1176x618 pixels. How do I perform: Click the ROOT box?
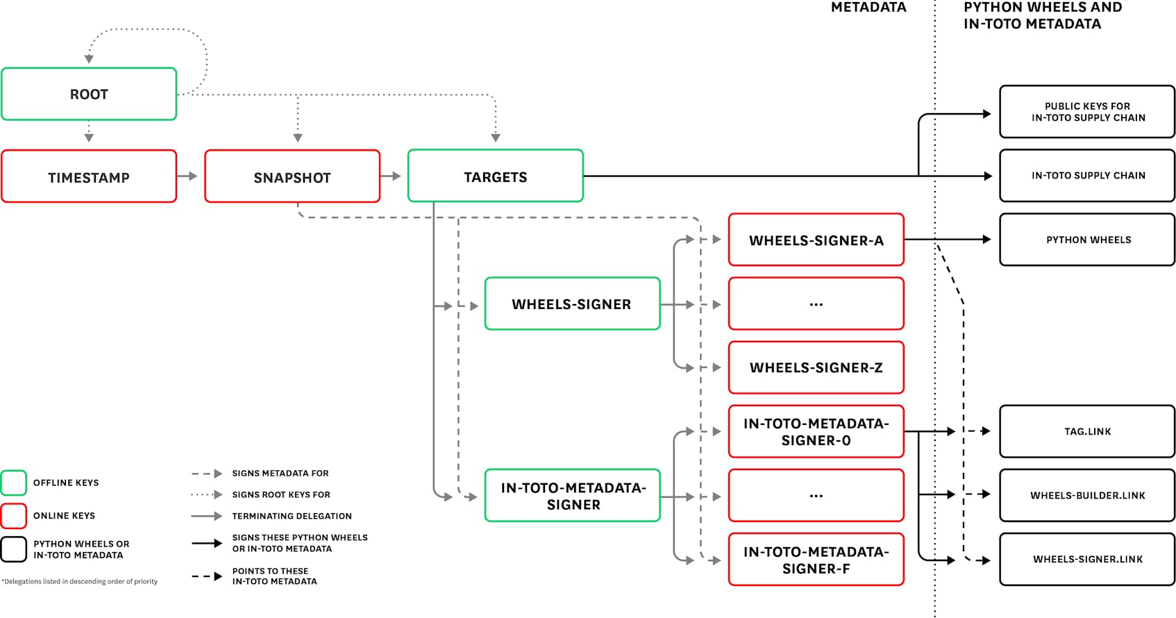[89, 94]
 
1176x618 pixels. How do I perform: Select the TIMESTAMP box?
[89, 177]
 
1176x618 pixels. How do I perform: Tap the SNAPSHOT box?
[292, 177]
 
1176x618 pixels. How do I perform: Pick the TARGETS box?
[495, 176]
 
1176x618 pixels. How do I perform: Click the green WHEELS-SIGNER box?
[572, 304]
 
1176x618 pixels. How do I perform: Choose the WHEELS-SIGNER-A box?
[816, 240]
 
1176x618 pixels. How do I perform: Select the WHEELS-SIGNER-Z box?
[816, 367]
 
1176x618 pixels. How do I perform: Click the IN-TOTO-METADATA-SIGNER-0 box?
[816, 431]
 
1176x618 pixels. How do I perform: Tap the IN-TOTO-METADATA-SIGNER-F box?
[816, 560]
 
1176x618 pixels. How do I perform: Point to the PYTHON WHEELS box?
[1087, 240]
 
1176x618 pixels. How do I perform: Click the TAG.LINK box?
[1087, 431]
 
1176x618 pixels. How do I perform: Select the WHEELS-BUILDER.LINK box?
[1087, 495]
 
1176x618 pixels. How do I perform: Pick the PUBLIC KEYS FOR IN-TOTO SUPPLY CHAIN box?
[1087, 112]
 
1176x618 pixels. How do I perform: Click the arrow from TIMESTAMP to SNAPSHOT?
[188, 176]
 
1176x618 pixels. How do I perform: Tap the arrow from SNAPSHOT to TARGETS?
[392, 176]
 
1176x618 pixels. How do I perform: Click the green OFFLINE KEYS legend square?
[14, 483]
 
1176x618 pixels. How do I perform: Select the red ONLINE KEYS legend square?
[14, 515]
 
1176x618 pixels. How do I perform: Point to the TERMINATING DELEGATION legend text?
[292, 516]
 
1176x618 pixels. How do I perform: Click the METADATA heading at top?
[868, 8]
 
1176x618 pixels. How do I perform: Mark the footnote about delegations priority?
[80, 581]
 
